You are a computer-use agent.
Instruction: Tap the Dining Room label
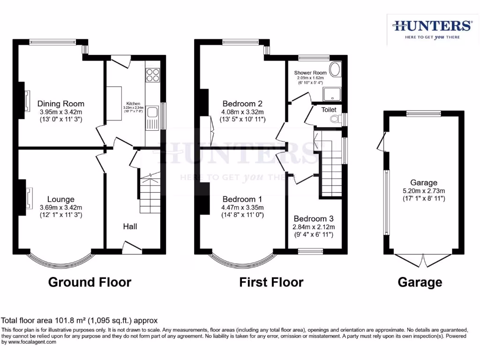pyautogui.click(x=61, y=104)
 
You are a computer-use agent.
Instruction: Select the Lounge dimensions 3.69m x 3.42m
pyautogui.click(x=61, y=208)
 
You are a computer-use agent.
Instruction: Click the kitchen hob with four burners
pyautogui.click(x=153, y=75)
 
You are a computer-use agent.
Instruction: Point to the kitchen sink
pyautogui.click(x=153, y=113)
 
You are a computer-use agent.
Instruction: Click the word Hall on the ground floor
pyautogui.click(x=130, y=226)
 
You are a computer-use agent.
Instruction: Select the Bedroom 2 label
pyautogui.click(x=242, y=104)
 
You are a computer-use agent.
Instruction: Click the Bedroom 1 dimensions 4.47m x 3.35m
pyautogui.click(x=243, y=208)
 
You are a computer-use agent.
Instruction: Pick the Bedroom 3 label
pyautogui.click(x=314, y=218)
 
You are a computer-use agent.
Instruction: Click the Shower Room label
pyautogui.click(x=310, y=73)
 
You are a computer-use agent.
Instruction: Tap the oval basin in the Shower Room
pyautogui.click(x=336, y=70)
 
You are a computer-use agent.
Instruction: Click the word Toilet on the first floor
pyautogui.click(x=329, y=110)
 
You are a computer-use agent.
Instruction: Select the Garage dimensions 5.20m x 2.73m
pyautogui.click(x=424, y=191)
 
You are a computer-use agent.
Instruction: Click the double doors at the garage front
pyautogui.click(x=424, y=259)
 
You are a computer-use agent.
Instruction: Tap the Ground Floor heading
pyautogui.click(x=90, y=282)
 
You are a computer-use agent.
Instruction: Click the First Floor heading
pyautogui.click(x=271, y=282)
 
